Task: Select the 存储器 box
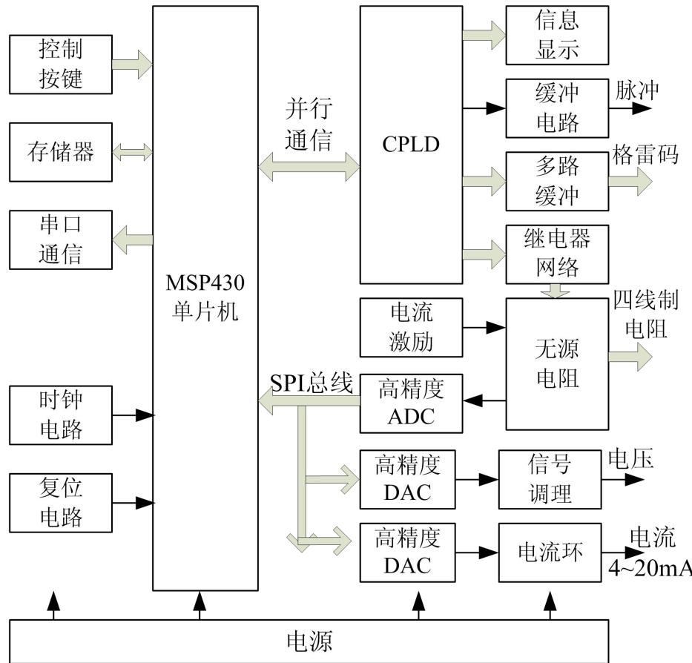(61, 152)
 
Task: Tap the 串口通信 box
(61, 239)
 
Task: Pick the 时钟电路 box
(61, 415)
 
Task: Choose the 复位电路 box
(61, 502)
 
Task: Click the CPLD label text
(411, 144)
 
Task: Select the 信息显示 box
(556, 35)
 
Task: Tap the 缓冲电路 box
(556, 108)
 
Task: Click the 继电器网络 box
(556, 254)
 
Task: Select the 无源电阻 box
(556, 363)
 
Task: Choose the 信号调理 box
(550, 479)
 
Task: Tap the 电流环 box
(550, 552)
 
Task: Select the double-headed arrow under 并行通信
(308, 168)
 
